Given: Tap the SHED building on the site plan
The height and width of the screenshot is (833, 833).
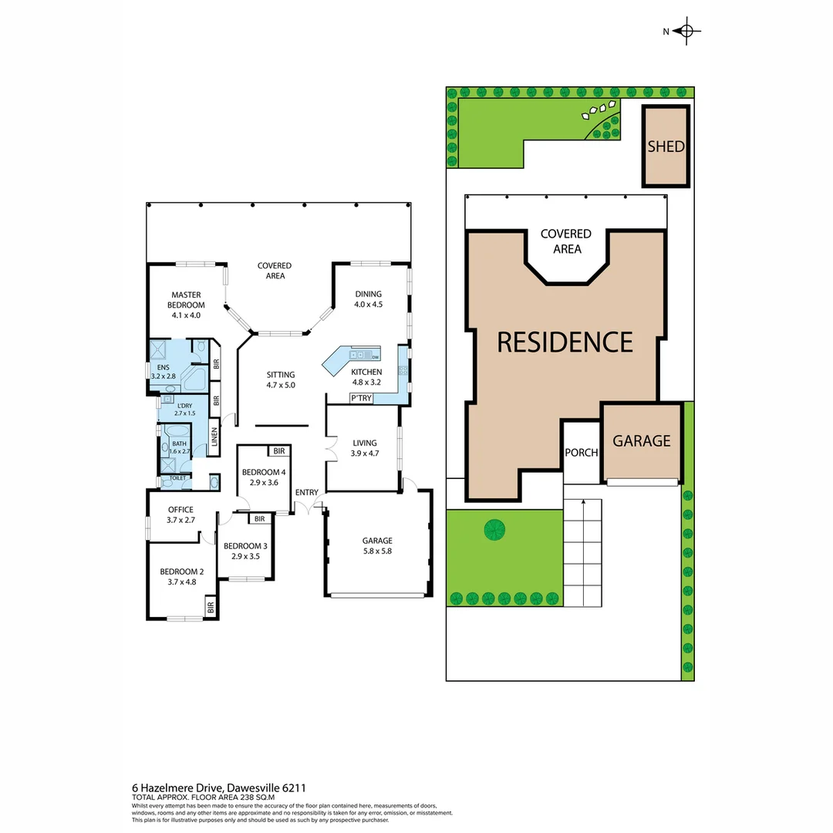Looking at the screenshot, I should (666, 146).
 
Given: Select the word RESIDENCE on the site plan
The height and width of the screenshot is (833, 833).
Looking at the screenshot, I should (565, 342).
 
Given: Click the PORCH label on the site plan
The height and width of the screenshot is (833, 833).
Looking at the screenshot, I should (581, 453).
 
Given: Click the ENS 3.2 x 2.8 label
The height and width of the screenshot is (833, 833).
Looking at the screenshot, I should (164, 371).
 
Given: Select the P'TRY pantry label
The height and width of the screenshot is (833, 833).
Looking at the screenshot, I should (360, 398).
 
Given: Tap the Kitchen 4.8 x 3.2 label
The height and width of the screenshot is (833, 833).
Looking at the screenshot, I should (366, 376).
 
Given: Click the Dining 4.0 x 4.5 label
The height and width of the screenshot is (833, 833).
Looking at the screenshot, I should (368, 298).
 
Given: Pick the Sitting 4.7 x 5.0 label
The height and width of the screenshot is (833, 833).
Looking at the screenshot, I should (281, 379).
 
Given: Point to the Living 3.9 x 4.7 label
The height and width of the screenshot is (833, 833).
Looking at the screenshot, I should (365, 448).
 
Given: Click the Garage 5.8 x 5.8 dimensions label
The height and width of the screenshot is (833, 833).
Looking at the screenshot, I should (377, 546).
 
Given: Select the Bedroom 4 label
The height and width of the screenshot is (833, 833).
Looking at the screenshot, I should (263, 477).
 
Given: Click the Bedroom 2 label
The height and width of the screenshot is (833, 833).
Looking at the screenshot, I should (181, 576).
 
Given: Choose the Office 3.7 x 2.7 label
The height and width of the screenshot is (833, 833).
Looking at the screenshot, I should (180, 514).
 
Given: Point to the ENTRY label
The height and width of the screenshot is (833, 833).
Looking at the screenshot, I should (306, 493).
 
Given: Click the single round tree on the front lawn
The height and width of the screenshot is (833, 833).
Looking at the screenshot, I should (494, 529).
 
